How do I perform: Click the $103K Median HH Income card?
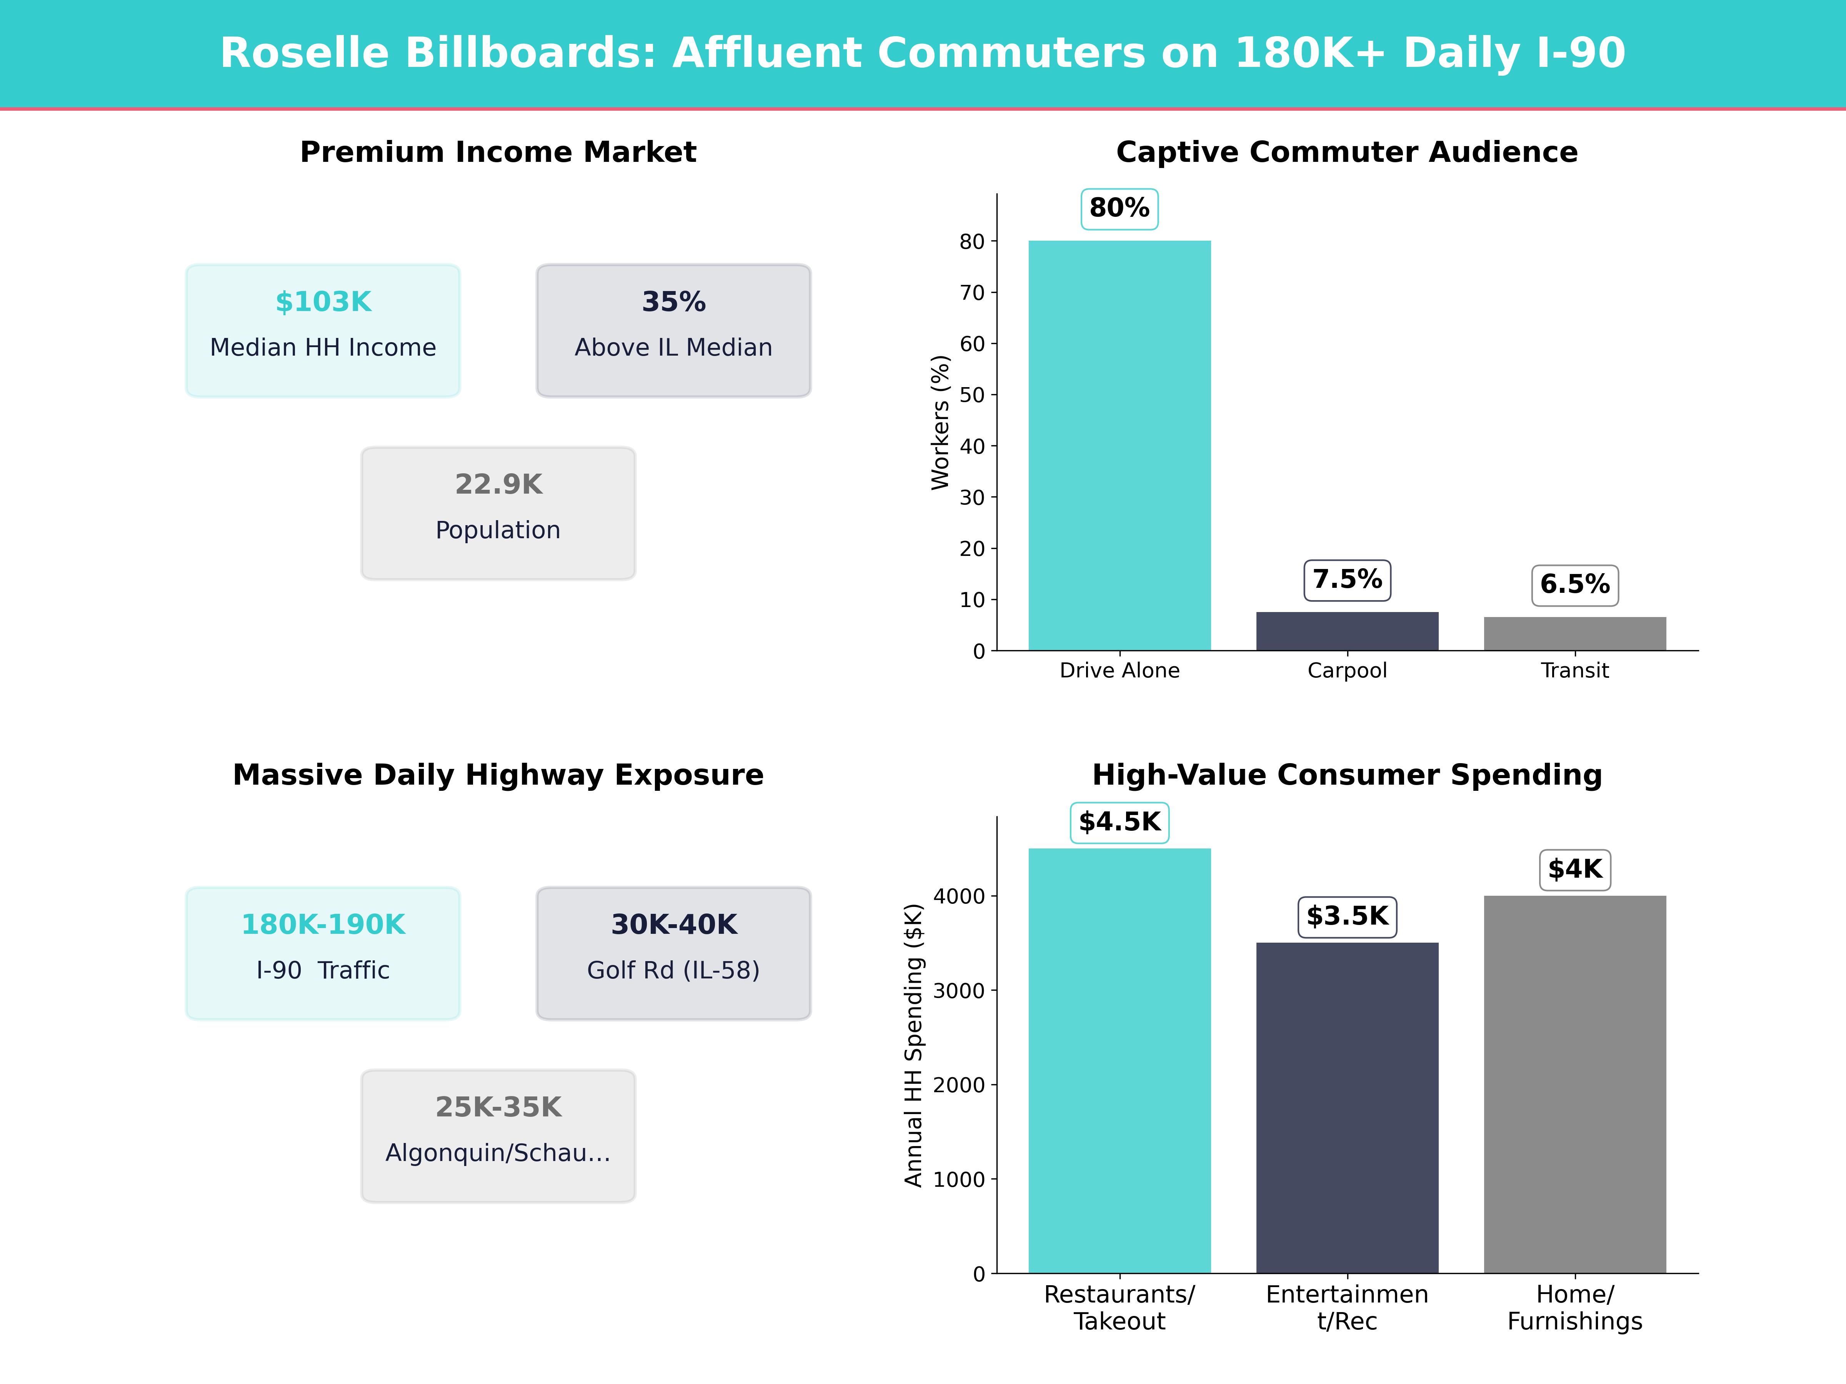(323, 330)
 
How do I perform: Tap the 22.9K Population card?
(498, 513)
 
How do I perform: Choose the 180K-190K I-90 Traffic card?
(323, 953)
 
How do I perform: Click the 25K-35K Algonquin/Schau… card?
(498, 1135)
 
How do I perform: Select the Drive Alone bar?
(1119, 446)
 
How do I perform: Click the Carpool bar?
(1347, 632)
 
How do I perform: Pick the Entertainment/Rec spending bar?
(1347, 1108)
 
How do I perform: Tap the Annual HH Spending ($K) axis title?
(914, 1045)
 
